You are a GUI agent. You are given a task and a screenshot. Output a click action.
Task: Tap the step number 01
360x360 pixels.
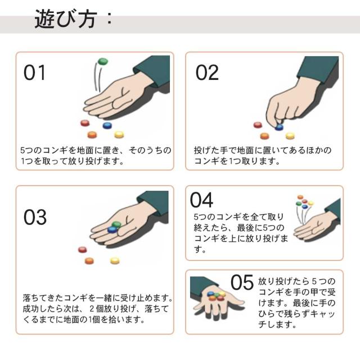pyautogui.click(x=34, y=73)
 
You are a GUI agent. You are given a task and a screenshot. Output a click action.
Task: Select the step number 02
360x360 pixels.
pyautogui.click(x=207, y=73)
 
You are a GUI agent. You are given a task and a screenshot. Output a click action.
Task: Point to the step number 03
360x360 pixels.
pyautogui.click(x=35, y=217)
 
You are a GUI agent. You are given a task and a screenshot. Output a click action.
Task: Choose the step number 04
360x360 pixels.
pyautogui.click(x=201, y=200)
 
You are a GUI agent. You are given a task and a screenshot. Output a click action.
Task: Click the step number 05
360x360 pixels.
pyautogui.click(x=242, y=282)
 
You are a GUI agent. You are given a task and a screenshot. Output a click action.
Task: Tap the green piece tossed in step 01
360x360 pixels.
pyautogui.click(x=102, y=61)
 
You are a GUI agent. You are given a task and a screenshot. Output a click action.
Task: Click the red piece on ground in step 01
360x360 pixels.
pyautogui.click(x=85, y=123)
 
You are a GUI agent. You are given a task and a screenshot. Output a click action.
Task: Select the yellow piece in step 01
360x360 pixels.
pyautogui.click(x=119, y=134)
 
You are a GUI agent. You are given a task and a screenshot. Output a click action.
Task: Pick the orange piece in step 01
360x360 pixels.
pyautogui.click(x=92, y=134)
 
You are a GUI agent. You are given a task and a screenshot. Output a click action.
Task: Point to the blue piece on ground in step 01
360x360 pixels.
pyautogui.click(x=107, y=125)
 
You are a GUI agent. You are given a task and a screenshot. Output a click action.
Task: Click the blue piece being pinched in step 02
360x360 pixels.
pyautogui.click(x=279, y=127)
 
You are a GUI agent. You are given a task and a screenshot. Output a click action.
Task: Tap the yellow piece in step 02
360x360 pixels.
pyautogui.click(x=290, y=136)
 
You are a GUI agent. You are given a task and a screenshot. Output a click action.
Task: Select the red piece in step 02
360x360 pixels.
pyautogui.click(x=258, y=125)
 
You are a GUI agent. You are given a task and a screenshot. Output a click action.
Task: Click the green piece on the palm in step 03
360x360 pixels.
pyautogui.click(x=116, y=224)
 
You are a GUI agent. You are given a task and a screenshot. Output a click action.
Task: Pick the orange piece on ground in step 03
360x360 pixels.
pyautogui.click(x=89, y=261)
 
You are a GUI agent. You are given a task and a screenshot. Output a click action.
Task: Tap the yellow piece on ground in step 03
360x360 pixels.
pyautogui.click(x=115, y=260)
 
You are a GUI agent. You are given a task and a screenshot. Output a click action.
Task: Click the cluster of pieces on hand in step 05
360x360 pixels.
pyautogui.click(x=216, y=296)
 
